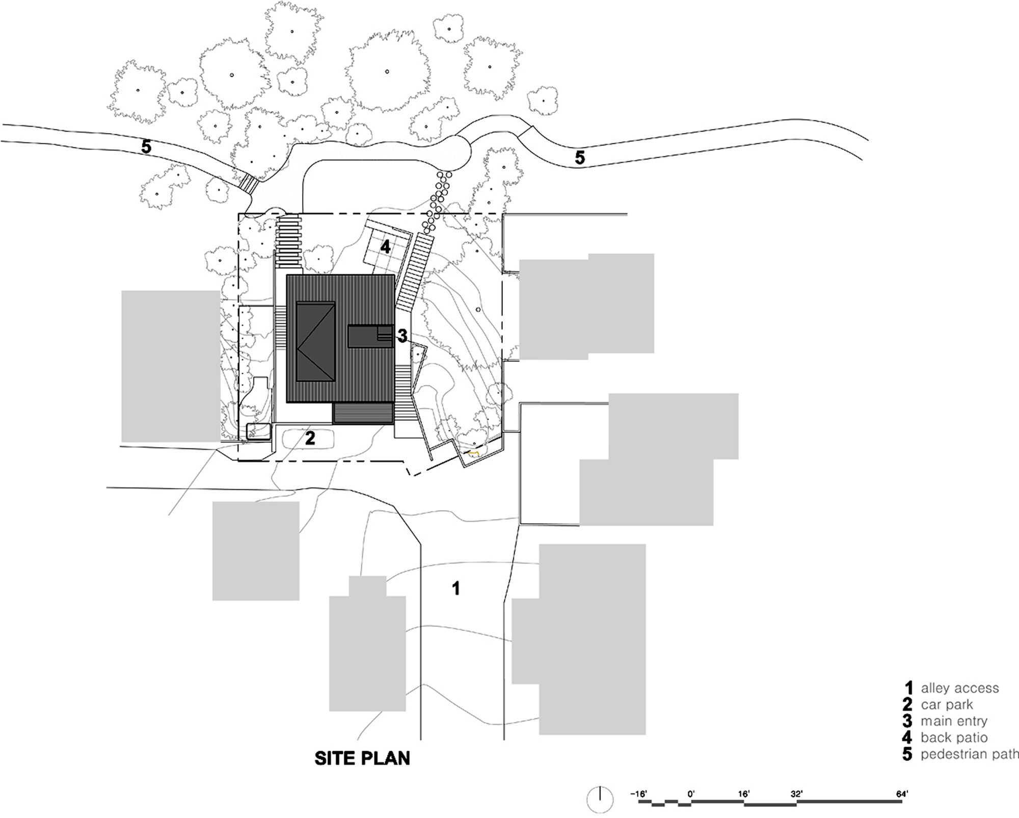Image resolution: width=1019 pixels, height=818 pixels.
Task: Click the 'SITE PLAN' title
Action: pyautogui.click(x=362, y=758)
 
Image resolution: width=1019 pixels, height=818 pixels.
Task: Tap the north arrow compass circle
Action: pyautogui.click(x=600, y=800)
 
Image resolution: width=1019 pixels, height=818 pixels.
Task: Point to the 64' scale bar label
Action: pyautogui.click(x=902, y=794)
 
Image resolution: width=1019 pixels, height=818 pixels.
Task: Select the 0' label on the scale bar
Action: pyautogui.click(x=691, y=794)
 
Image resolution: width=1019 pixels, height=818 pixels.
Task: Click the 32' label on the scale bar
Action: pyautogui.click(x=797, y=794)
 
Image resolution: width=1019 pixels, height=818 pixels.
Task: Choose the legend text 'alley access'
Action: pyautogui.click(x=960, y=688)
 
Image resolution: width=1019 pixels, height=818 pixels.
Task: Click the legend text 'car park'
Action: pyautogui.click(x=947, y=705)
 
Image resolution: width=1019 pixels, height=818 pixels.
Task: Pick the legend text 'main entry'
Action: pyautogui.click(x=954, y=721)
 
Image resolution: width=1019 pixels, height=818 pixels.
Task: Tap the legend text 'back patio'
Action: pyautogui.click(x=954, y=737)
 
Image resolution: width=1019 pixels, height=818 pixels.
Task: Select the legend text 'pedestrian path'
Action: pyautogui.click(x=970, y=754)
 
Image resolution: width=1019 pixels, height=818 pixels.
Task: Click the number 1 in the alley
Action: pyautogui.click(x=456, y=589)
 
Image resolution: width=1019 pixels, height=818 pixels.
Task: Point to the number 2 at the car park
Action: pyautogui.click(x=310, y=438)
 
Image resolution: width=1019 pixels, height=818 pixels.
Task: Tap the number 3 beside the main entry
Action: pyautogui.click(x=402, y=336)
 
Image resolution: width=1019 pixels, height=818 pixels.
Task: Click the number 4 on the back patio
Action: pyautogui.click(x=386, y=247)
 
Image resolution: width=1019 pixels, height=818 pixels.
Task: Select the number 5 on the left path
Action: pyautogui.click(x=146, y=147)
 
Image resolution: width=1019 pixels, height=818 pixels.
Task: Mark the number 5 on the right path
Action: pyautogui.click(x=580, y=158)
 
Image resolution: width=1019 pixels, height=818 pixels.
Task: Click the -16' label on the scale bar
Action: pyautogui.click(x=638, y=794)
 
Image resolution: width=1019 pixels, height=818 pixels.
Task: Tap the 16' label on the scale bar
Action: pyautogui.click(x=744, y=794)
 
